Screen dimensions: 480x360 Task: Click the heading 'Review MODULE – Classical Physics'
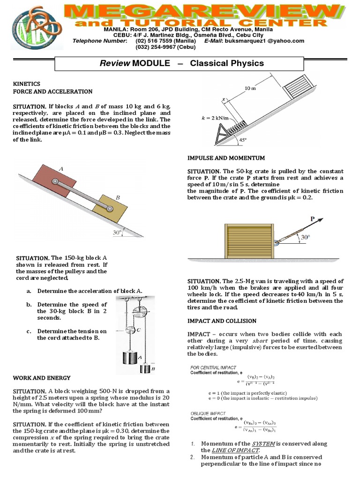[180, 63]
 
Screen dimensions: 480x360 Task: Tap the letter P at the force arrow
[312, 219]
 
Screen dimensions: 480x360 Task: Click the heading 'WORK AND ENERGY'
[42, 377]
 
